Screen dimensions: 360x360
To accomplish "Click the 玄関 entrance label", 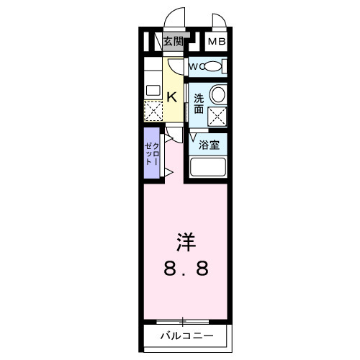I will [x=173, y=40].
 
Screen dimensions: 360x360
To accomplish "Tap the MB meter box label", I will [x=217, y=41].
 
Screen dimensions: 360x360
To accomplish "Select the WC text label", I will [x=195, y=68].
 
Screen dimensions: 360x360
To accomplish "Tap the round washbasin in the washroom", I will [x=217, y=94].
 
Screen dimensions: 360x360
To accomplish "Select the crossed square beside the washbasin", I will [x=217, y=116].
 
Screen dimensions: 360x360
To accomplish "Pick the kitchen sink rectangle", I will [x=153, y=91].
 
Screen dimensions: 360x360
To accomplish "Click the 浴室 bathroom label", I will [x=210, y=143].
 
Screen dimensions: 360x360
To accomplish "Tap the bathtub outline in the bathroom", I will [x=210, y=167].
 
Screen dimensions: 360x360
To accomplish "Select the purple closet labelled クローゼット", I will [x=151, y=153].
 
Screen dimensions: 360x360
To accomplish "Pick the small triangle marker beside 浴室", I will [x=193, y=135].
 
